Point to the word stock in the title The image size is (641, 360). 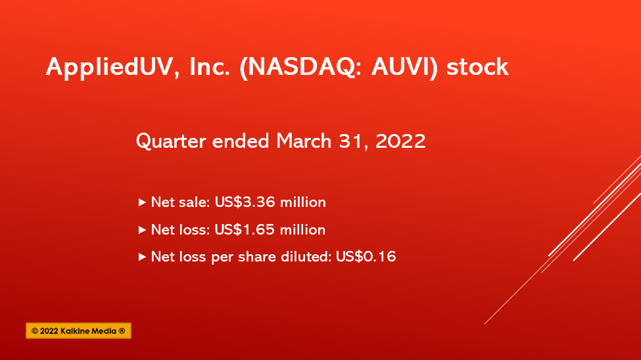[x=477, y=66]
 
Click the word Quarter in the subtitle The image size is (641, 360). [x=171, y=141]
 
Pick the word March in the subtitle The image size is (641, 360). [x=304, y=141]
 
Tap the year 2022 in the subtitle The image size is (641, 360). [x=400, y=141]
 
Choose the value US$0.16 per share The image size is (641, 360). [x=366, y=257]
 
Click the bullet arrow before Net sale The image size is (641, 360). [x=142, y=202]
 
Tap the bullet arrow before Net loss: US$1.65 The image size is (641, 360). [x=142, y=230]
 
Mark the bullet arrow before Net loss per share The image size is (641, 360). [x=142, y=257]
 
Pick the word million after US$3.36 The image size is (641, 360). [x=303, y=202]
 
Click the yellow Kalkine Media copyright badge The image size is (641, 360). [x=78, y=330]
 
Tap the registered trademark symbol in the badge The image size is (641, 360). [x=122, y=331]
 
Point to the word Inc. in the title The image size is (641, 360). [x=210, y=66]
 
